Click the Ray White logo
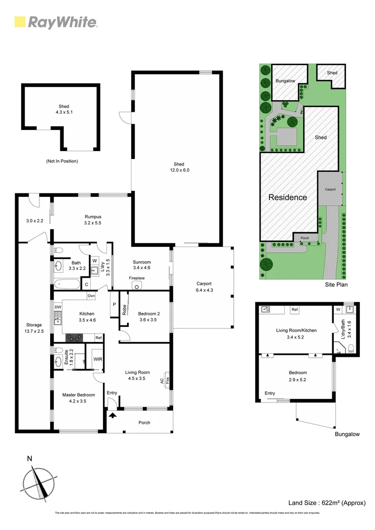56,22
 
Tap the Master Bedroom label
79,395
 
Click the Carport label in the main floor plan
204,284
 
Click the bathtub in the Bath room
65,283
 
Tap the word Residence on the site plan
288,197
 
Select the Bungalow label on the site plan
285,80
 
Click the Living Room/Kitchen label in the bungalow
295,330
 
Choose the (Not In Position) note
62,161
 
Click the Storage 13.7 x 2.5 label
34,328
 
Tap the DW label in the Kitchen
58,307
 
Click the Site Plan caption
336,284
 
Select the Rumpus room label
92,219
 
